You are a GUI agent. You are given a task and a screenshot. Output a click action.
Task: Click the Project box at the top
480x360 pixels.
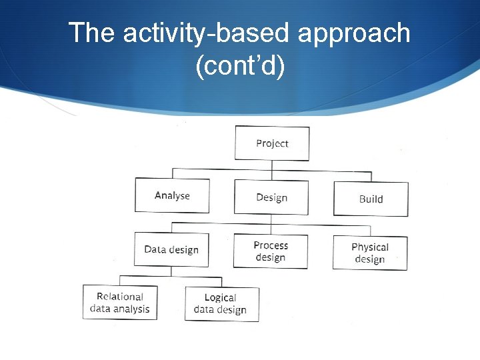[x=272, y=143]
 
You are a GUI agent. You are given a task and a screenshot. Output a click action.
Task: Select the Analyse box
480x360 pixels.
[x=172, y=195]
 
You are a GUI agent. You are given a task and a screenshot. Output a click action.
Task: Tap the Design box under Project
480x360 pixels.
[x=271, y=197]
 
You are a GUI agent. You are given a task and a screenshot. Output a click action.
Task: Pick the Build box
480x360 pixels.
[x=371, y=199]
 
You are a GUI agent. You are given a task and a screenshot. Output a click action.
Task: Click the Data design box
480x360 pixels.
[x=171, y=249]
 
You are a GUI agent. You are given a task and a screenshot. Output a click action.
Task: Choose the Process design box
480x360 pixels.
[x=271, y=251]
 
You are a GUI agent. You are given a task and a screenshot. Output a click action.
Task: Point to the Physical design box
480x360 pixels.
[x=370, y=253]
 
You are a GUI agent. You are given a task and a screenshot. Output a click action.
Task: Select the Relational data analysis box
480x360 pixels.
[x=120, y=303]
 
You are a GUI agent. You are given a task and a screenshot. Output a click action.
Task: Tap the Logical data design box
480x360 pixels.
[x=221, y=303]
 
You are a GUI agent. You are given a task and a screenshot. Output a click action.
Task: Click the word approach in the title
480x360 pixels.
[x=354, y=33]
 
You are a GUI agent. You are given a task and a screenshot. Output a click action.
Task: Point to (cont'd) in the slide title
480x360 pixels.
[x=240, y=67]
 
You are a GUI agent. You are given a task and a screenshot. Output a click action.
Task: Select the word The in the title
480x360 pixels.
[x=91, y=33]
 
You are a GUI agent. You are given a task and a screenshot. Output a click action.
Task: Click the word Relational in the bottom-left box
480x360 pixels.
[x=120, y=297]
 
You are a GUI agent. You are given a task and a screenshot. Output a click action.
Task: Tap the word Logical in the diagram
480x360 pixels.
[x=221, y=297]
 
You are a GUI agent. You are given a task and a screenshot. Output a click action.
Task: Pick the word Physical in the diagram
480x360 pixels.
[x=370, y=247]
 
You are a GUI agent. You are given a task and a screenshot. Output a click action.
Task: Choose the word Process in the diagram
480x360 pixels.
[x=271, y=245]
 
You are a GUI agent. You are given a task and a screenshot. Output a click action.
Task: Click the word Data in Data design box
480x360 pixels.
[x=155, y=249]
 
